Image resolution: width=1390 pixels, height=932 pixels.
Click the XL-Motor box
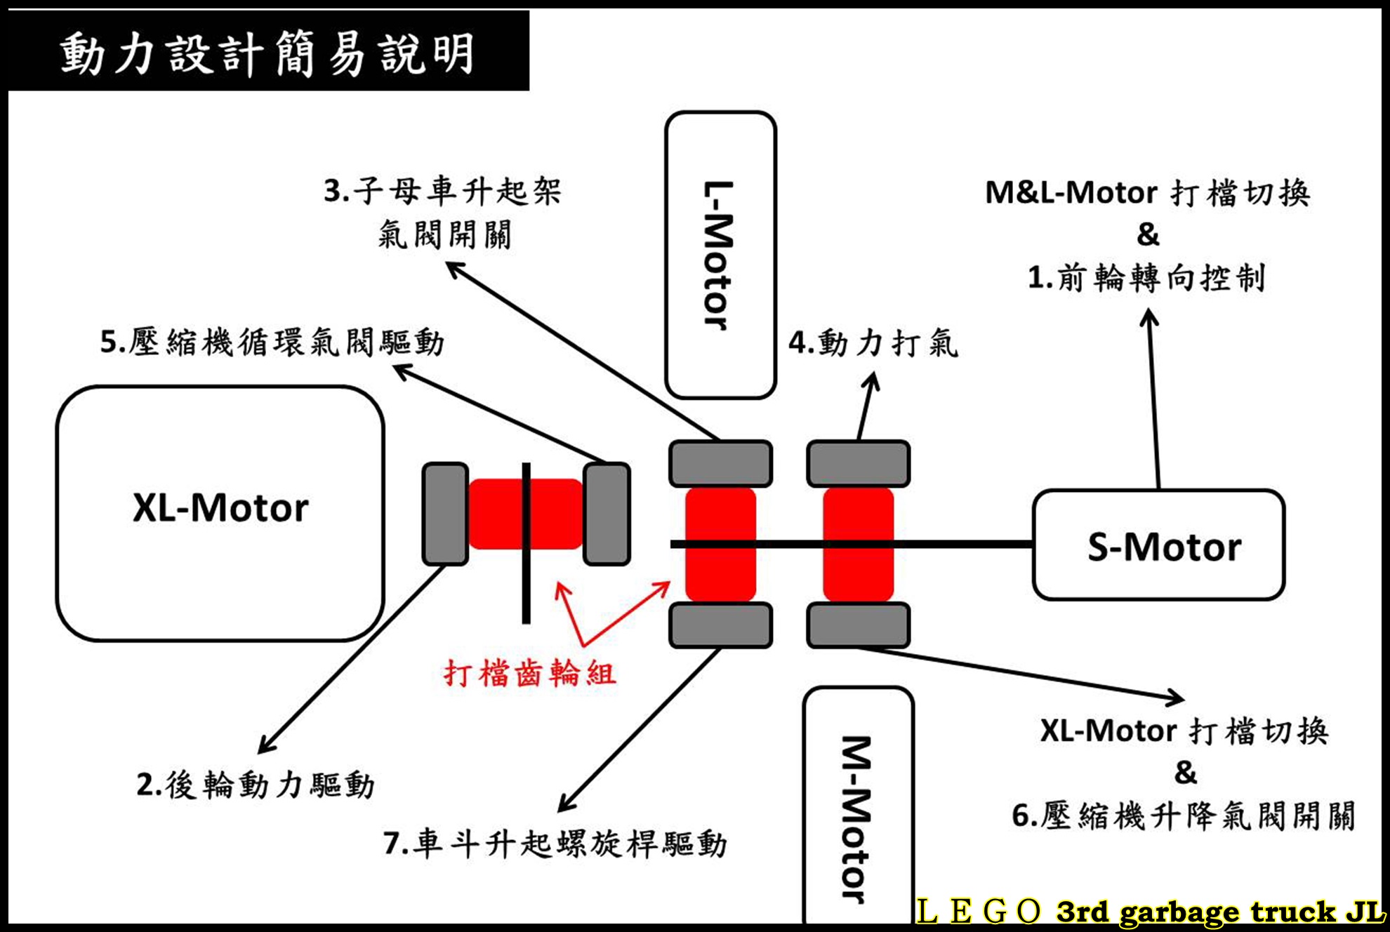tap(220, 512)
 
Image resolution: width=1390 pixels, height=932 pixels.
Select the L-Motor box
tap(720, 255)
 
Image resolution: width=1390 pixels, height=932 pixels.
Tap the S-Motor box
tap(1158, 545)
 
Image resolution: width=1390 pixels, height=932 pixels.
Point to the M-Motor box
tap(858, 807)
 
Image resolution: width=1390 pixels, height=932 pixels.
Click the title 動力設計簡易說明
tap(267, 52)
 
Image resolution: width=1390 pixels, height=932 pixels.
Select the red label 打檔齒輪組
tap(530, 674)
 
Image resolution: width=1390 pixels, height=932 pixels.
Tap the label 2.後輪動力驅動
tap(256, 785)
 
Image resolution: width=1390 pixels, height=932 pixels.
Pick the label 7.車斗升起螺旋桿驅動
tap(555, 844)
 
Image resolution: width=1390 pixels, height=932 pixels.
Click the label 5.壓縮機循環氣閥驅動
tap(272, 342)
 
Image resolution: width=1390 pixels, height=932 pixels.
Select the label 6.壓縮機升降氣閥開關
tap(1184, 815)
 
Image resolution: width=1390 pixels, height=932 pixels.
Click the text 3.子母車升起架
tap(442, 191)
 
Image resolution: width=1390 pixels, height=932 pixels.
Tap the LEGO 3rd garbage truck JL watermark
tap(1151, 911)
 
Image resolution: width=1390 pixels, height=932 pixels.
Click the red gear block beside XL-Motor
tap(525, 514)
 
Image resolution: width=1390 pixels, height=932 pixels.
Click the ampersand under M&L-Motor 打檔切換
tap(1149, 234)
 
